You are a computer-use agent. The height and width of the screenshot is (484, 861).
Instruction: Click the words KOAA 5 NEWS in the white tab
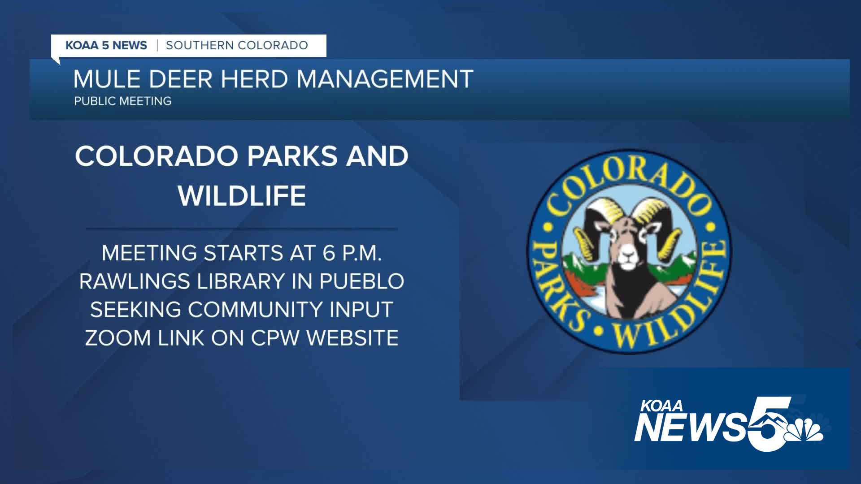(106, 45)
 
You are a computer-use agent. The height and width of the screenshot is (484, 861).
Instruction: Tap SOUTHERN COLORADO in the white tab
(237, 45)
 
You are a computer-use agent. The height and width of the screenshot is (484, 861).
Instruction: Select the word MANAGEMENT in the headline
(385, 79)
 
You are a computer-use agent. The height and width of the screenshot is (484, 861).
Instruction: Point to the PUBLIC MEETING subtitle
(123, 101)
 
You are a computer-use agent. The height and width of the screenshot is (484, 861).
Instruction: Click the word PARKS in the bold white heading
(292, 156)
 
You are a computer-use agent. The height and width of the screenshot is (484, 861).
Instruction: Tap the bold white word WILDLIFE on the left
(242, 195)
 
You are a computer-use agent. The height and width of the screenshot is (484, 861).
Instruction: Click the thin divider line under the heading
(242, 229)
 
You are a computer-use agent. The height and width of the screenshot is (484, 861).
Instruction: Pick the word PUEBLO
(361, 281)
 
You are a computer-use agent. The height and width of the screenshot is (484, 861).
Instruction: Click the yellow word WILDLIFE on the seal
(682, 305)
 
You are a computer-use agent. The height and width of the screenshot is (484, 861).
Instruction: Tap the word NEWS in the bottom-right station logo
(691, 427)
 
